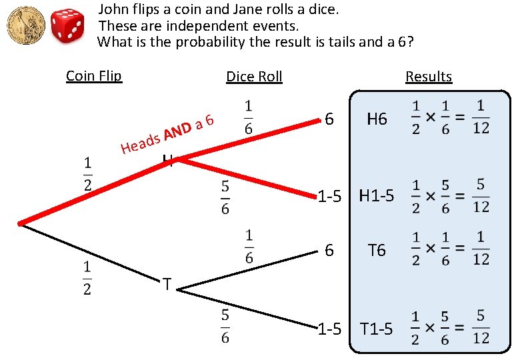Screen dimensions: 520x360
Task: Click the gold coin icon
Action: (x=25, y=27)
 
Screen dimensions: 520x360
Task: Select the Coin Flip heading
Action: (x=94, y=75)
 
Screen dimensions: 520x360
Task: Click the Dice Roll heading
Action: (x=254, y=76)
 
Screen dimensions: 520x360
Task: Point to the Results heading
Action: (x=429, y=76)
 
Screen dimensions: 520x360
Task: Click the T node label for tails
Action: (x=167, y=285)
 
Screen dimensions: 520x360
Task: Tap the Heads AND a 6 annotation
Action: (x=167, y=133)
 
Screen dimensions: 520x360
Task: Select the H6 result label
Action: (x=377, y=119)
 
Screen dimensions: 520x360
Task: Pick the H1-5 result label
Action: (x=377, y=196)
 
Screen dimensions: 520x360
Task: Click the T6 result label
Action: (x=377, y=250)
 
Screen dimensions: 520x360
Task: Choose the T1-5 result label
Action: (x=377, y=329)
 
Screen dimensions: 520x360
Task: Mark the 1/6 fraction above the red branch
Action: (x=248, y=117)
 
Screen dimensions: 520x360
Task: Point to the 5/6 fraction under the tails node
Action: (x=225, y=326)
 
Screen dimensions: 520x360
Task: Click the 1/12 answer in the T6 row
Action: (x=481, y=250)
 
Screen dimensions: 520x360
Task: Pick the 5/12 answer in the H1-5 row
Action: (x=481, y=196)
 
